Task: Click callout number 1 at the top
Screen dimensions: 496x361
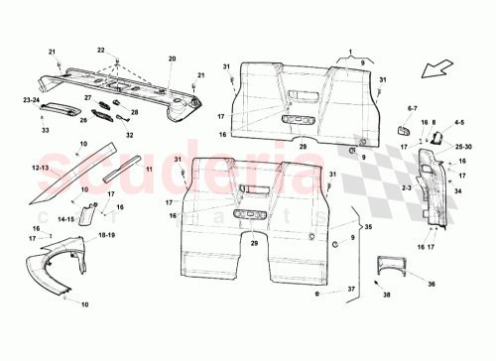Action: (x=349, y=50)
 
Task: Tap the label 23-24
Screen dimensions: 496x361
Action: (x=33, y=99)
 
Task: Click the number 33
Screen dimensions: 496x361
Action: (x=45, y=130)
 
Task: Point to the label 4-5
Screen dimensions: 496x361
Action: (x=458, y=124)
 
